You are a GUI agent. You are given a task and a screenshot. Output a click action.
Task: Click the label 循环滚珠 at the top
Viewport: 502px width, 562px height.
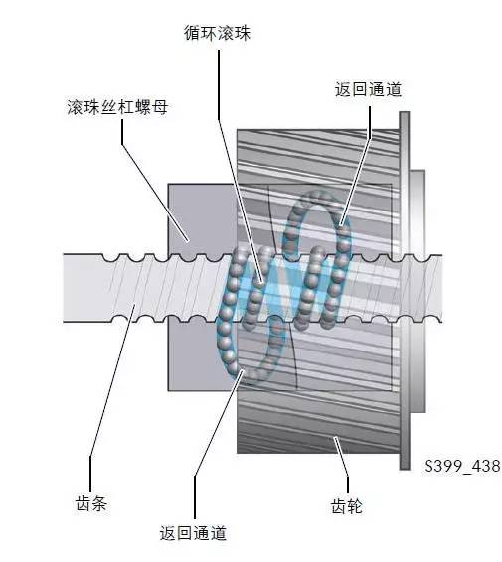(x=218, y=33)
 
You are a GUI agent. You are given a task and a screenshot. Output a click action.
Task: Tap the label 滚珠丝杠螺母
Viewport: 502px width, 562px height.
(x=117, y=107)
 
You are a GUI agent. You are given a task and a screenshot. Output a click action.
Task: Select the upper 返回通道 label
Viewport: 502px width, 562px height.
(x=368, y=89)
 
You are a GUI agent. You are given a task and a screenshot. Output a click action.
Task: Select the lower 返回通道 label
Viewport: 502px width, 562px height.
(x=193, y=533)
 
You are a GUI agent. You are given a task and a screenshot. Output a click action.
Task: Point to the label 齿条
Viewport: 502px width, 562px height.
(x=91, y=503)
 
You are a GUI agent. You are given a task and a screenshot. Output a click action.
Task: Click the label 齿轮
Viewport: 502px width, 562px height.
(x=347, y=506)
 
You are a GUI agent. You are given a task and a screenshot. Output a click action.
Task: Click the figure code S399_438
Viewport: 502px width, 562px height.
(x=462, y=466)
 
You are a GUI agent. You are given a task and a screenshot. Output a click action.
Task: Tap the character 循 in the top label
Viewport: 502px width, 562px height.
(x=192, y=33)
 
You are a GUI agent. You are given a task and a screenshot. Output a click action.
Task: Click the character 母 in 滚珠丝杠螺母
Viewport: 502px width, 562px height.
(x=160, y=107)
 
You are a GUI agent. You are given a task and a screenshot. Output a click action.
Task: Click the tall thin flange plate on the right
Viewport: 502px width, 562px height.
(x=405, y=290)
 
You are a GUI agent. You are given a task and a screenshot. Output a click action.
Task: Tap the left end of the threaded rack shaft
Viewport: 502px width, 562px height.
(x=65, y=288)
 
